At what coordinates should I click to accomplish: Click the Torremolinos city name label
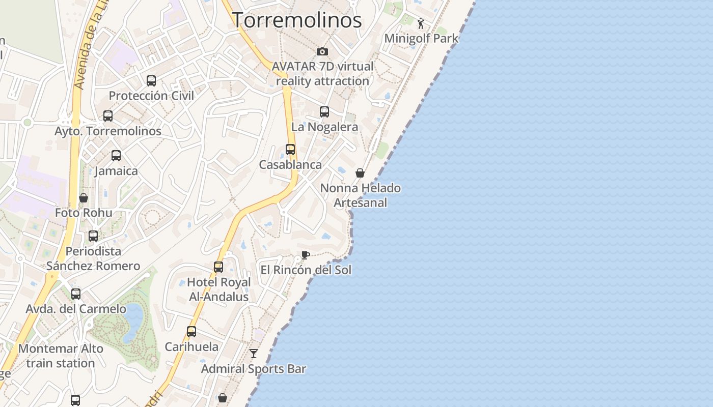(297, 20)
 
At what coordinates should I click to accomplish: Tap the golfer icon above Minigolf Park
(421, 23)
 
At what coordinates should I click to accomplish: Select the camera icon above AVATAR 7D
(322, 51)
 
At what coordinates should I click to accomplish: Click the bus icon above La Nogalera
(324, 112)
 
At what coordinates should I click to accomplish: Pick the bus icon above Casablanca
(290, 150)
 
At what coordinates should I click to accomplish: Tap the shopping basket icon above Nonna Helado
(360, 173)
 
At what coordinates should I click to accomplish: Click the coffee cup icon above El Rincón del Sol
(305, 255)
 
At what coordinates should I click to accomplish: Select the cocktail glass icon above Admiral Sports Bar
(254, 353)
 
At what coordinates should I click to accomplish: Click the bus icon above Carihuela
(191, 332)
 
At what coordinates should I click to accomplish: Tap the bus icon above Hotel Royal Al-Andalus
(218, 267)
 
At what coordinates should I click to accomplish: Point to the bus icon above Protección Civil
(151, 80)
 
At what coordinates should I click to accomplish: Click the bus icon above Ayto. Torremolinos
(108, 116)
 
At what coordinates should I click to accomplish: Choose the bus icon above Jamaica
(116, 156)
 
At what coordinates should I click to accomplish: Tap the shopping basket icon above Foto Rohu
(84, 198)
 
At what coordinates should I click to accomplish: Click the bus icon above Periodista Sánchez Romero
(93, 236)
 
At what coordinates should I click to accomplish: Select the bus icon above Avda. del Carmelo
(76, 294)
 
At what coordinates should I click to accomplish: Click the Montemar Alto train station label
(61, 356)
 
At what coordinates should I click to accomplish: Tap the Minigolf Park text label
(421, 38)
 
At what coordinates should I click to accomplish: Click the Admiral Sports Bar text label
(254, 369)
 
